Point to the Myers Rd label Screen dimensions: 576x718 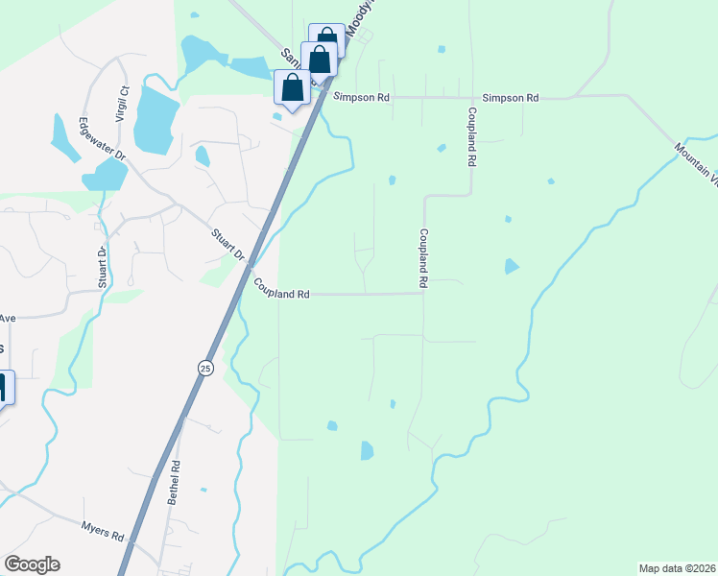click(103, 529)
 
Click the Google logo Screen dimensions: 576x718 click(32, 564)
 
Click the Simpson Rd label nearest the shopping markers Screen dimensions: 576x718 click(361, 97)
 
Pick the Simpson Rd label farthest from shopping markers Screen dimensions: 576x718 click(510, 98)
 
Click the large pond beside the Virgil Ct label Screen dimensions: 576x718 click(154, 119)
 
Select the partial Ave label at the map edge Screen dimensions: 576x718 click(8, 318)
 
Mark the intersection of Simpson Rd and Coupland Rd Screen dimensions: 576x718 click(471, 97)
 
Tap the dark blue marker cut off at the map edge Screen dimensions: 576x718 click(4, 388)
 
